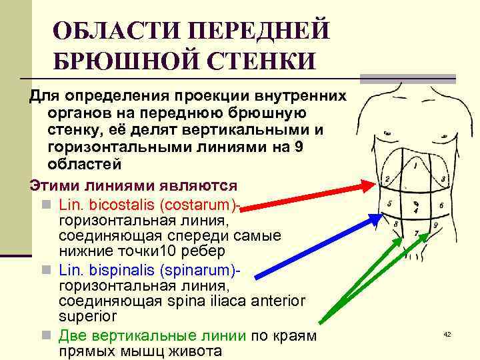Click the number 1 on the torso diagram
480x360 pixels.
(415, 163)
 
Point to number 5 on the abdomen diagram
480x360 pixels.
(389, 203)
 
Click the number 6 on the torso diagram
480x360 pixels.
(441, 206)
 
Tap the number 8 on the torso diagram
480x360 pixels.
(396, 225)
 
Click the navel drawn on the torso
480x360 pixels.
(415, 203)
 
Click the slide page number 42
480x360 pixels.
(447, 333)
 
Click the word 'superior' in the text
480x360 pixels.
(88, 315)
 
